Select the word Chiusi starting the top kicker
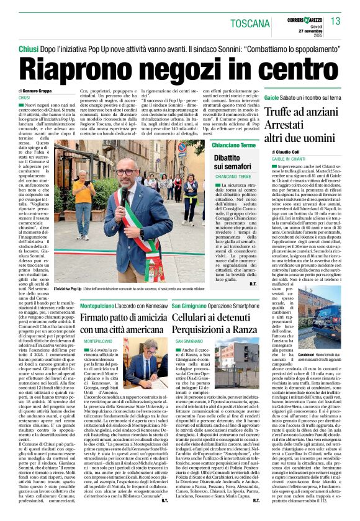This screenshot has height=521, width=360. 28,47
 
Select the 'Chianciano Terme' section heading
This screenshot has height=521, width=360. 233,145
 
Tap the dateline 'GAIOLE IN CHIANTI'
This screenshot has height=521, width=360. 287,159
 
